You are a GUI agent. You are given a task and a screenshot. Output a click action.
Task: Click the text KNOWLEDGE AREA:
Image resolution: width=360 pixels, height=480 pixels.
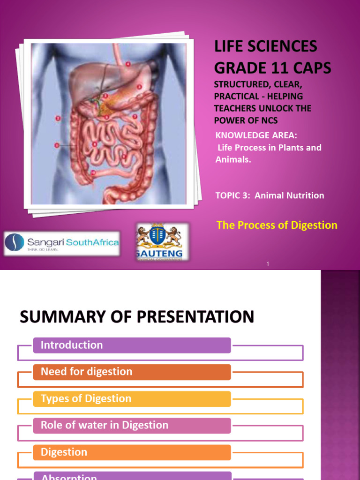pos(256,136)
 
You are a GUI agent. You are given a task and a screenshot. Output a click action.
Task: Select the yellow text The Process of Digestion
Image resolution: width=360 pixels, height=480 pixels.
pos(277,225)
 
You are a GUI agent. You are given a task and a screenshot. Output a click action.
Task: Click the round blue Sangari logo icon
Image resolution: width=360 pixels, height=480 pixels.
pos(14,243)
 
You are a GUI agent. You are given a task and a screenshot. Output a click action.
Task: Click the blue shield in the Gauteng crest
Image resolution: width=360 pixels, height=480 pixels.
pos(157,235)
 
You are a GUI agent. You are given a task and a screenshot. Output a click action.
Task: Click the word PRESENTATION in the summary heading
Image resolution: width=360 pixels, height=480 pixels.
pos(195,317)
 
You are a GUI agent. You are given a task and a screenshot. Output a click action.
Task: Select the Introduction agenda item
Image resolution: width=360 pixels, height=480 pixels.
pos(72,345)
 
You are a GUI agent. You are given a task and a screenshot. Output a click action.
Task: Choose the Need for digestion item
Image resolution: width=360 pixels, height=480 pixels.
pos(86,372)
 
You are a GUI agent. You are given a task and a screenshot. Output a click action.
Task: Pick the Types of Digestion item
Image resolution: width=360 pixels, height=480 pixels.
pos(86,398)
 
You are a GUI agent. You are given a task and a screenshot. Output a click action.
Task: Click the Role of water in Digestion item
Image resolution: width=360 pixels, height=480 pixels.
pos(104,425)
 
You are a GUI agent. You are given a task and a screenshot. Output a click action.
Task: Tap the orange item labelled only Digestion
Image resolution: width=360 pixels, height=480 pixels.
pos(64,452)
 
